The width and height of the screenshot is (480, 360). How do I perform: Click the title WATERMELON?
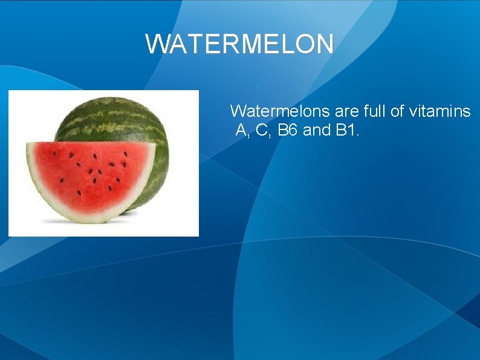click(239, 44)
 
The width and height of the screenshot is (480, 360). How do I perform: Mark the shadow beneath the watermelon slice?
click(130, 213)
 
